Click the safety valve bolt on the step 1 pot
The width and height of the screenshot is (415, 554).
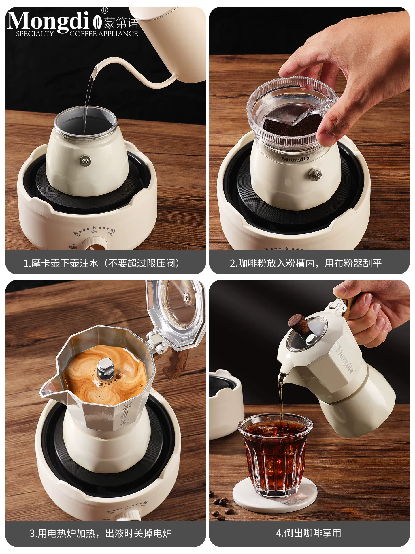click(86, 161)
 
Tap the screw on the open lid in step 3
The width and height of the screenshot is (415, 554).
click(187, 297)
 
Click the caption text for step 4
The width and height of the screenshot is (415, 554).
click(309, 533)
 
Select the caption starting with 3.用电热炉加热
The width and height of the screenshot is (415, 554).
click(101, 533)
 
